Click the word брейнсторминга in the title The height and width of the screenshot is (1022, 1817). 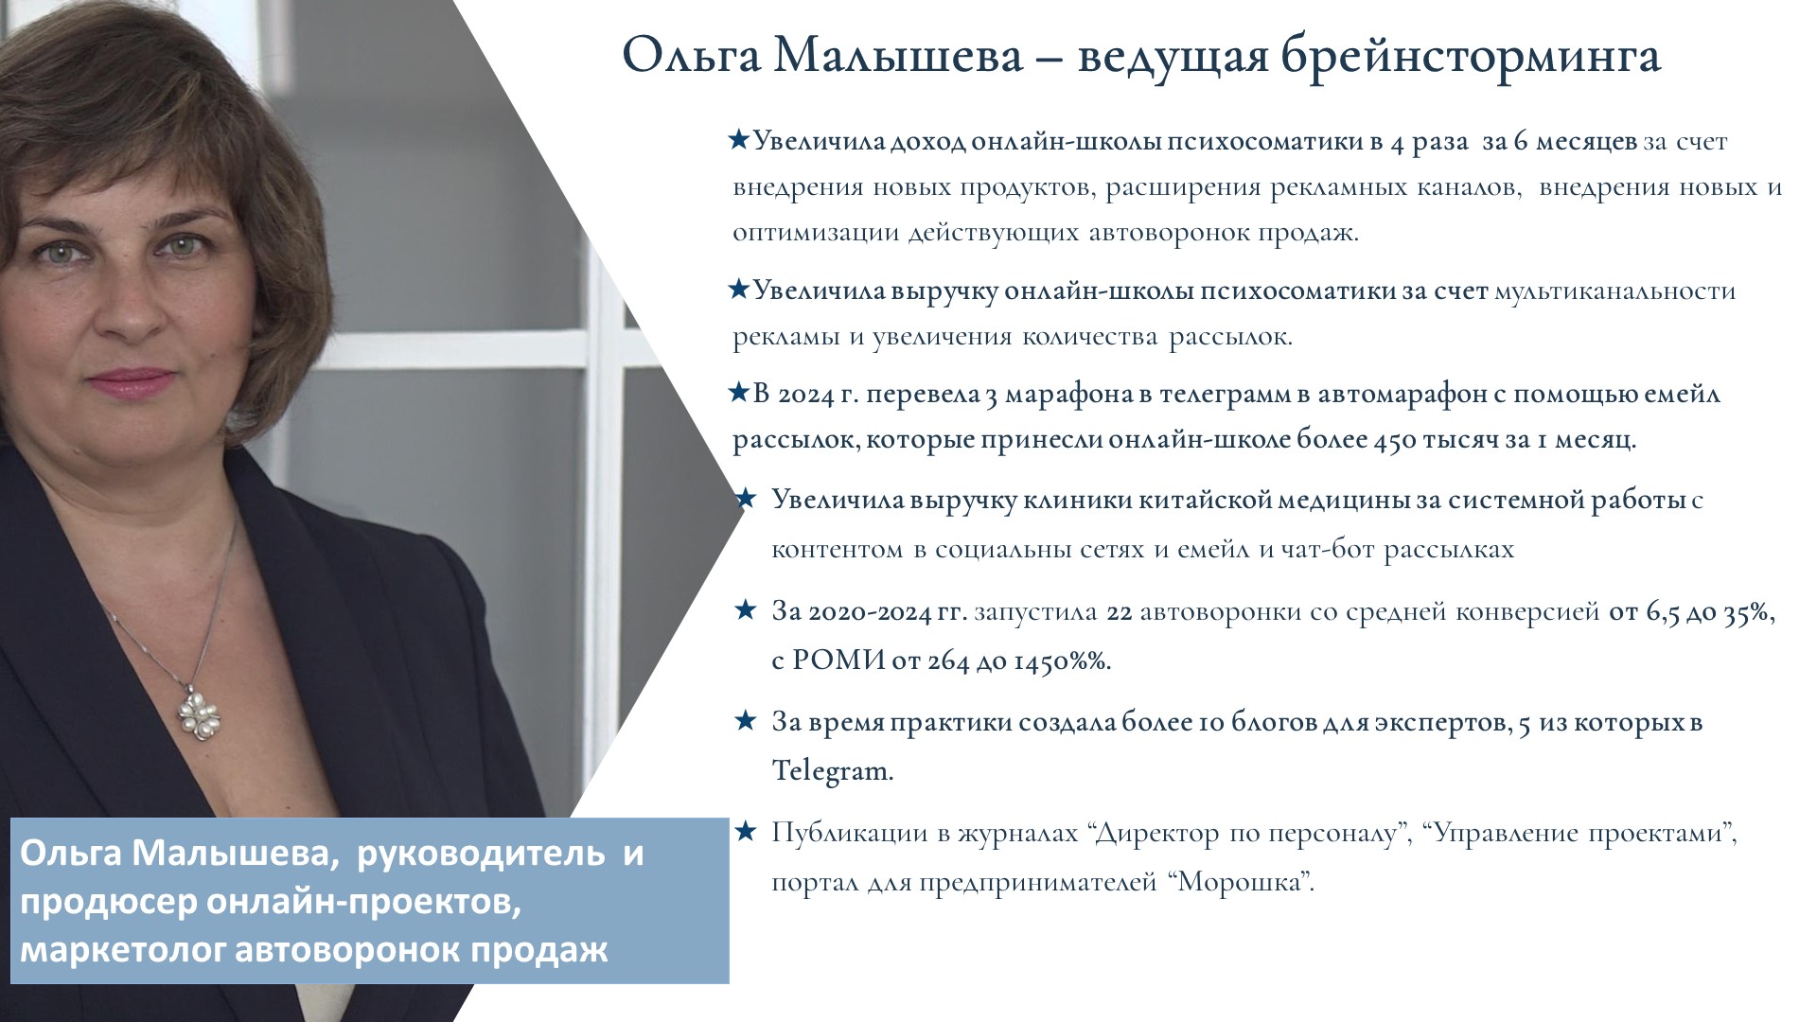[1472, 57]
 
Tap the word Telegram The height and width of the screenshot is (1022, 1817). [832, 770]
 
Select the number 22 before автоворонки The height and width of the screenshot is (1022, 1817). [1120, 612]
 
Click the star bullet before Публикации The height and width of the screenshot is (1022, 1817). [746, 832]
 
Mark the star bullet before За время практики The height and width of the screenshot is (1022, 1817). [746, 721]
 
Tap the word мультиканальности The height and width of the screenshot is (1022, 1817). [1614, 291]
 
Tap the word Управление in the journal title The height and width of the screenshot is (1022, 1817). [1503, 834]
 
